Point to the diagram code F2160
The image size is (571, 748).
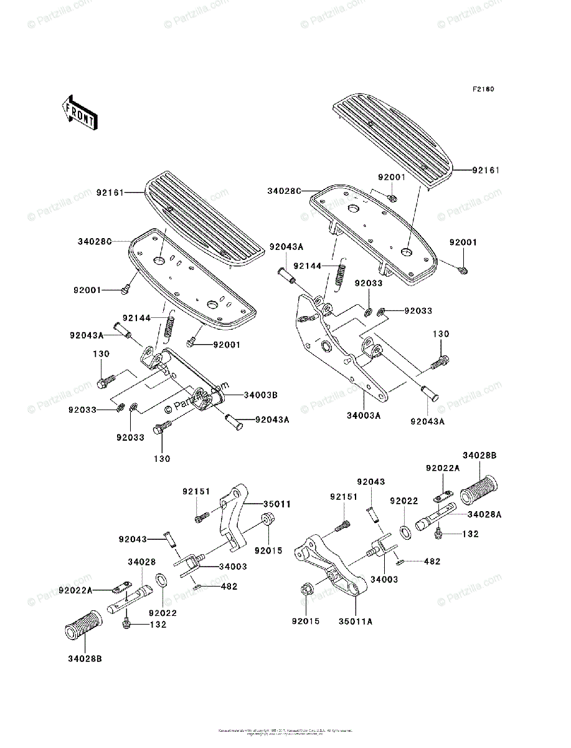point(483,90)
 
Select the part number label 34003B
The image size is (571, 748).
point(260,395)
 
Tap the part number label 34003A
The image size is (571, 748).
point(363,415)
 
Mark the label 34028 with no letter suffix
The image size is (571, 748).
point(142,562)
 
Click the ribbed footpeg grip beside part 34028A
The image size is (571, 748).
point(481,488)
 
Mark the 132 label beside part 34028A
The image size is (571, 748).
point(471,535)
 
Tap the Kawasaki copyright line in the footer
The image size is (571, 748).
point(285,731)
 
